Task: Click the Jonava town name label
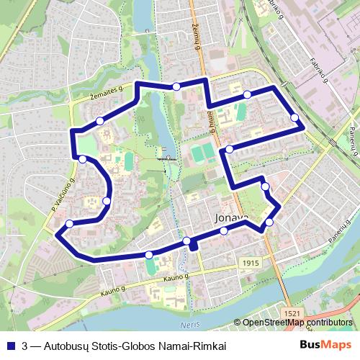(231, 216)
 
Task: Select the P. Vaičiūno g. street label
(63, 194)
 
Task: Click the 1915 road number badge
(249, 264)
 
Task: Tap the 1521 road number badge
(292, 314)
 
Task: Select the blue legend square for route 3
(9, 346)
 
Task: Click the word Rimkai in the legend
(210, 346)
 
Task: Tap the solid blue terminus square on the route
(193, 246)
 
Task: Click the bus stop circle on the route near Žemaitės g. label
(99, 120)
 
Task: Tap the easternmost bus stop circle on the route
(294, 117)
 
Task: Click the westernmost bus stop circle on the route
(69, 224)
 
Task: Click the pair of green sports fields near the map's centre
(202, 152)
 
